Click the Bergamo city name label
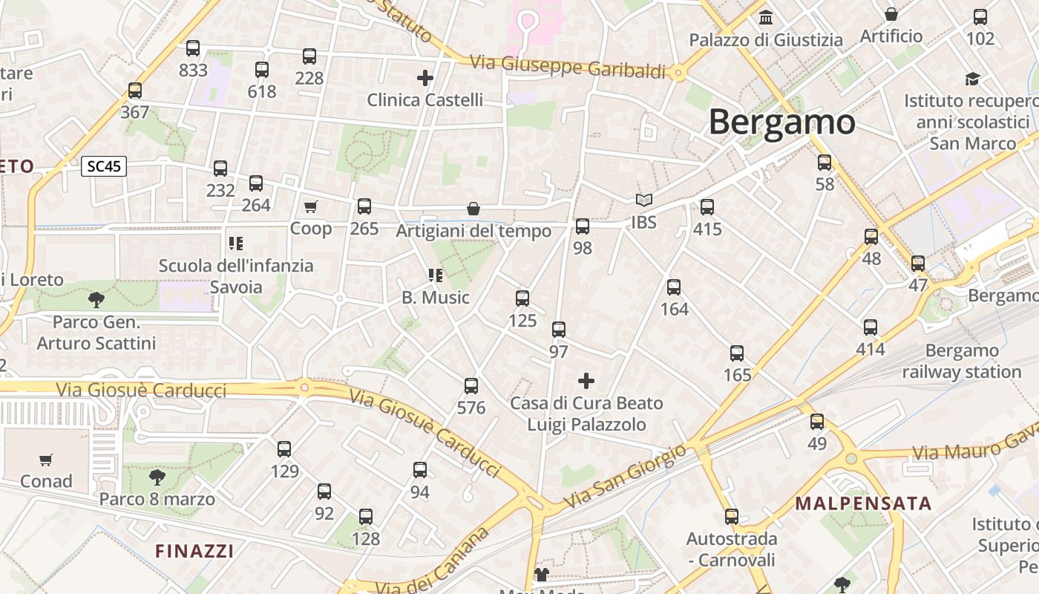(x=781, y=123)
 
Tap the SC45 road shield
(x=104, y=166)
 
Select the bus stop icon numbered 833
(x=193, y=49)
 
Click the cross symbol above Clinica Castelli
(x=425, y=77)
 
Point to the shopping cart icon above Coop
(x=310, y=206)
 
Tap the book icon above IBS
(x=643, y=200)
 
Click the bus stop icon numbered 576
(x=471, y=386)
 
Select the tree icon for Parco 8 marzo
(x=157, y=477)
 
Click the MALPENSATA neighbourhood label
(x=863, y=503)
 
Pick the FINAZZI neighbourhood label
(x=194, y=551)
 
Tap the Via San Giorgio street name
(x=626, y=477)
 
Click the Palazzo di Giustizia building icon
(x=766, y=17)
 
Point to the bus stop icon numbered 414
(x=871, y=327)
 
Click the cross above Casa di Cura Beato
(x=586, y=382)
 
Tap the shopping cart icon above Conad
(x=46, y=460)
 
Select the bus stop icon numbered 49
(x=817, y=422)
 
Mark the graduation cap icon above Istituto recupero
(x=972, y=79)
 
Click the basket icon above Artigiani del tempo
(x=473, y=209)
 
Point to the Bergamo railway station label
(x=962, y=361)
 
